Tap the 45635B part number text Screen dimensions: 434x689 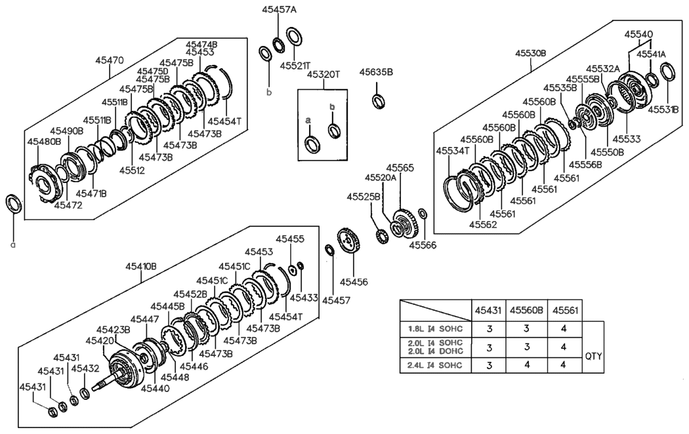coord(376,72)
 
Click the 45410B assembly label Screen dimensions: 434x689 coord(141,266)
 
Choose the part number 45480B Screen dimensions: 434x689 coord(44,141)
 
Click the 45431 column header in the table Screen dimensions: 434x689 coord(489,309)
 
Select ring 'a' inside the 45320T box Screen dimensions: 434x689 coord(312,143)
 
